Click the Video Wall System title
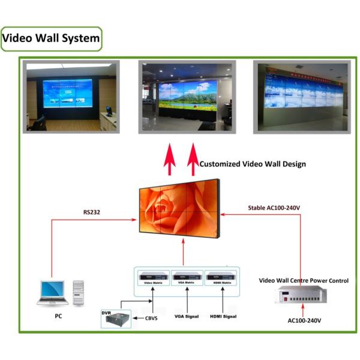pyautogui.click(x=51, y=38)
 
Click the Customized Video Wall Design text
pyautogui.click(x=253, y=163)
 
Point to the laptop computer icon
pyautogui.click(x=52, y=292)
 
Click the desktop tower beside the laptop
pyautogui.click(x=79, y=292)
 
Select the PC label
pyautogui.click(x=58, y=315)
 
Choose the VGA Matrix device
pyautogui.click(x=187, y=278)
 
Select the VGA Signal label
pyautogui.click(x=187, y=316)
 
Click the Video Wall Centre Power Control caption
pyautogui.click(x=304, y=280)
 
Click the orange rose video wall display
pyautogui.click(x=178, y=211)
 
